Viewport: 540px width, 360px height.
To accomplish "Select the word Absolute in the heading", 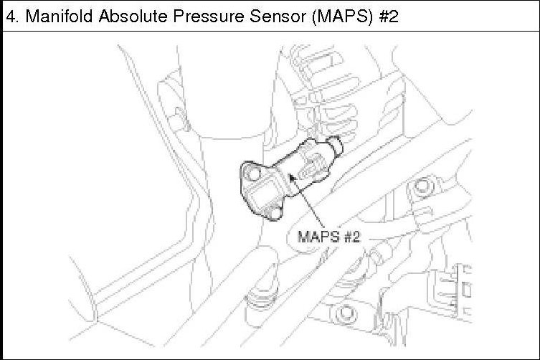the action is tap(123, 16).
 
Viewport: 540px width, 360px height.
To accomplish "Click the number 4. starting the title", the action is tap(12, 16).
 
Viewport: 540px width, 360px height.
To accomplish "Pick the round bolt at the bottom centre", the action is tap(348, 313).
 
